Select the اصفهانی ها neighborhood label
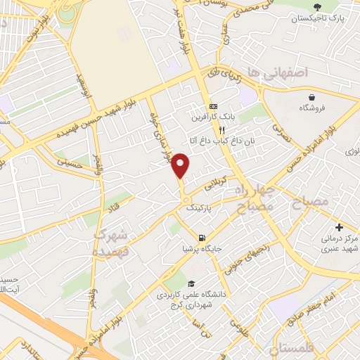click(x=286, y=72)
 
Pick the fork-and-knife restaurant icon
click(x=221, y=130)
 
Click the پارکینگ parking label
click(x=198, y=208)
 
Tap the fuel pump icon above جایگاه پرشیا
click(x=202, y=237)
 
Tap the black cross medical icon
click(x=340, y=227)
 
